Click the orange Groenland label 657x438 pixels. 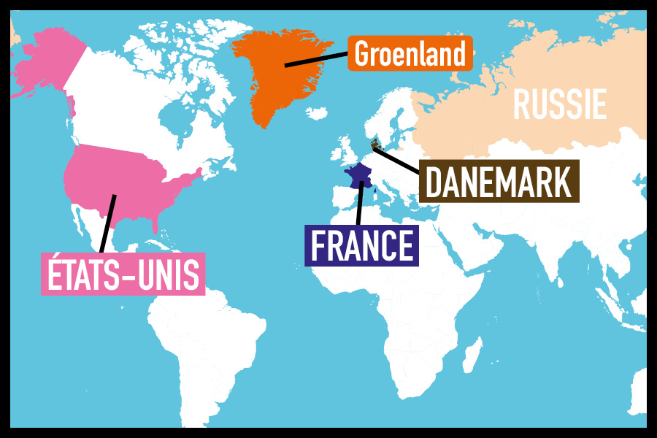410,53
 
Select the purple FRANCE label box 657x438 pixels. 361,245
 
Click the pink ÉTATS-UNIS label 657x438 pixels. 123,274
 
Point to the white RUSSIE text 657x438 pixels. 559,104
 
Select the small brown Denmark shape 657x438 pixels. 375,144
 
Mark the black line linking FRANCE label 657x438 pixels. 359,204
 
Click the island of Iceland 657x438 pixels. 317,114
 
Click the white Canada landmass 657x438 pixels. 131,102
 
